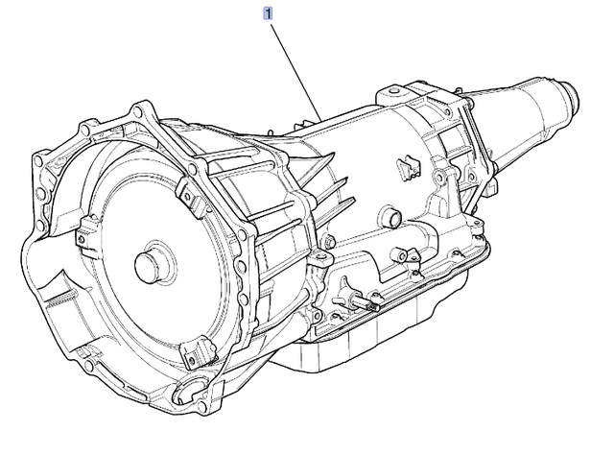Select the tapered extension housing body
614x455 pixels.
coord(523,115)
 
